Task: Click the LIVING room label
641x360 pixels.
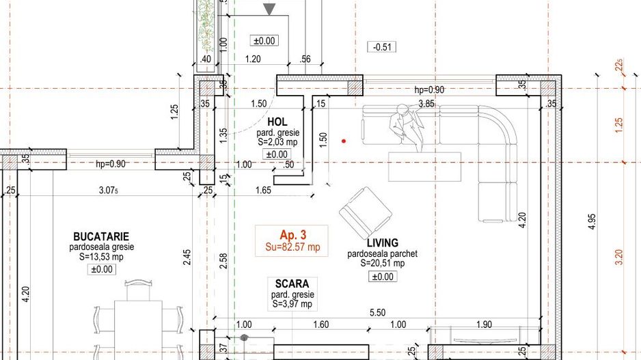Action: tap(382, 243)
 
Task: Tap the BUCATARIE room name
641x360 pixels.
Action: tap(101, 236)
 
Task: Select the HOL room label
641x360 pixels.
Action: tap(277, 122)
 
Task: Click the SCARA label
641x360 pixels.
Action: tap(292, 283)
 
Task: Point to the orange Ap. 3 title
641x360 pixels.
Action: tap(292, 234)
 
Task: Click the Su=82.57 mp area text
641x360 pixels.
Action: tap(292, 246)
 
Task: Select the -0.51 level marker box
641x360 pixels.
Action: tap(383, 47)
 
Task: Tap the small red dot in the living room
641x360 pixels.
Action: tap(344, 141)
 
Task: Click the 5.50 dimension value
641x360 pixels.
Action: tap(377, 312)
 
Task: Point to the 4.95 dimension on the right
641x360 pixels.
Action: tap(592, 223)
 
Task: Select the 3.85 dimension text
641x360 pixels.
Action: tap(426, 104)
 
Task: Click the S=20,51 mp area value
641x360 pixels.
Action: tap(382, 263)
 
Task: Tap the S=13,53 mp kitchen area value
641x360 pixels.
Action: tap(101, 257)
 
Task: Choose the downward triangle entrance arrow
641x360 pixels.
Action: tap(270, 9)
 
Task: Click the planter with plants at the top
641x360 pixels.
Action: tap(206, 24)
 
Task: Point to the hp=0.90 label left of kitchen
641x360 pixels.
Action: tap(111, 164)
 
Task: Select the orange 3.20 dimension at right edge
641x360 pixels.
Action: tap(619, 257)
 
